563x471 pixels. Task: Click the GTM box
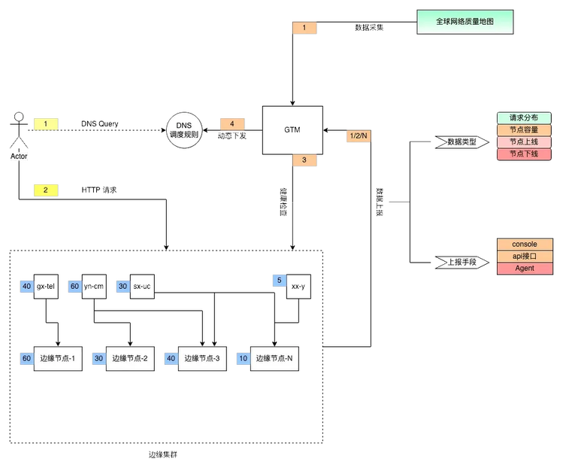point(292,130)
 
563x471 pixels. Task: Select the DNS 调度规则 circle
point(184,130)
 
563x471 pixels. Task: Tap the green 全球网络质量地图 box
point(465,22)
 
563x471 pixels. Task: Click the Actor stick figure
point(19,130)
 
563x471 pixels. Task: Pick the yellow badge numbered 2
point(46,190)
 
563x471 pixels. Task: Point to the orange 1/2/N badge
point(359,135)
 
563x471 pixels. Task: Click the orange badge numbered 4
point(232,124)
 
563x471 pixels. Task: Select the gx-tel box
point(46,287)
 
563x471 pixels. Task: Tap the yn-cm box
point(94,287)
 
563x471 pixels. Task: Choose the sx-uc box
point(142,287)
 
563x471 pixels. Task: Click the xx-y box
point(298,287)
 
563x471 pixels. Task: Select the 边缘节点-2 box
point(130,359)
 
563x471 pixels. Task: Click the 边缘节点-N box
point(274,359)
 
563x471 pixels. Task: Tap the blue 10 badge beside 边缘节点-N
point(244,359)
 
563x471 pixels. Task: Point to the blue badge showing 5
point(280,280)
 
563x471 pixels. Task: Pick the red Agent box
point(525,269)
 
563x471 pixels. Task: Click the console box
point(525,245)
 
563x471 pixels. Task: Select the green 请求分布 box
point(524,118)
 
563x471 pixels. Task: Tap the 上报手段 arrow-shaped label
point(462,263)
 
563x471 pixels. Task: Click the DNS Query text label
point(100,124)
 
